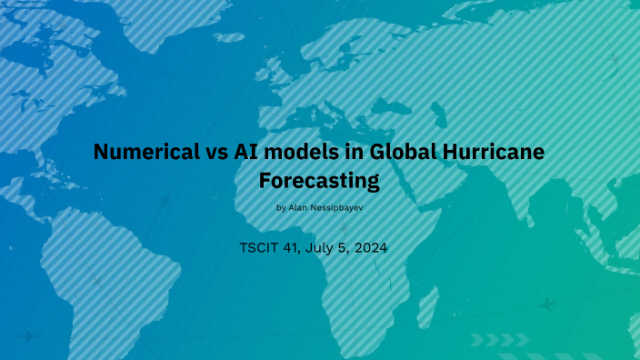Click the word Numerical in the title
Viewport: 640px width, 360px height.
pyautogui.click(x=141, y=153)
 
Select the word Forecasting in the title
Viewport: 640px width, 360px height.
pyautogui.click(x=319, y=181)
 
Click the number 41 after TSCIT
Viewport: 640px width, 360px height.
pyautogui.click(x=297, y=247)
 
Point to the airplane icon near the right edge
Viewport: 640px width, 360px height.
pyautogui.click(x=545, y=304)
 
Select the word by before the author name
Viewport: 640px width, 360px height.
pyautogui.click(x=281, y=208)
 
